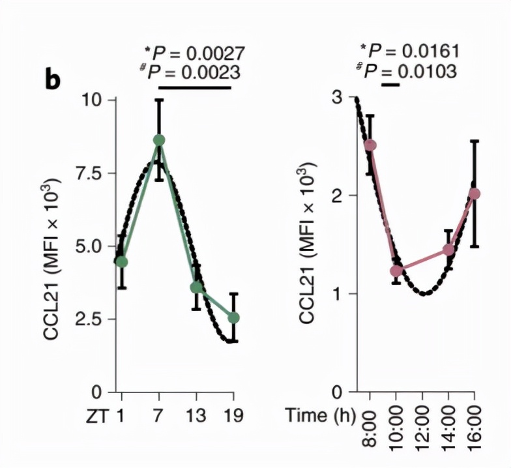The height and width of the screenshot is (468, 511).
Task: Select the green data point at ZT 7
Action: [159, 140]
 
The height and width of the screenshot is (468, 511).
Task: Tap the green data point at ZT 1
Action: [121, 262]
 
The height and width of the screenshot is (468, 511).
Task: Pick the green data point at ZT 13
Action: [196, 287]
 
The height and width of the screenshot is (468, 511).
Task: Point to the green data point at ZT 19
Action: [233, 317]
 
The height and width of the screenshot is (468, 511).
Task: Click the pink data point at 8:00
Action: [370, 145]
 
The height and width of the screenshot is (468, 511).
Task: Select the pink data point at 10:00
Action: [396, 271]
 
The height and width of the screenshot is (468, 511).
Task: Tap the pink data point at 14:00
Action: [448, 250]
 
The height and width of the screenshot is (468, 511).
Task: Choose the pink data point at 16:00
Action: [474, 194]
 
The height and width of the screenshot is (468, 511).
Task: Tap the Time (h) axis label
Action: [318, 415]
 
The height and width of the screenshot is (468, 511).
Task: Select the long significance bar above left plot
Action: [195, 87]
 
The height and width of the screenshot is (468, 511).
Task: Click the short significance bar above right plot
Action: [390, 84]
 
